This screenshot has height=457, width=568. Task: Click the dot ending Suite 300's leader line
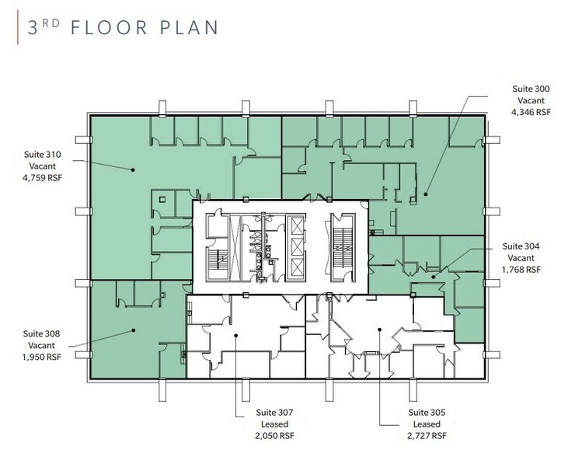coord(426,194)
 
